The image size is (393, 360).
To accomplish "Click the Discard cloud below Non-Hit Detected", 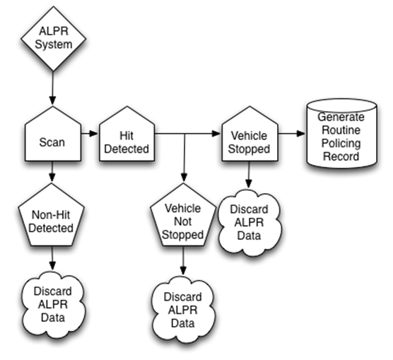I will click(52, 305).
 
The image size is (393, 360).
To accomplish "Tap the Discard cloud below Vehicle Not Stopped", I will click(182, 307).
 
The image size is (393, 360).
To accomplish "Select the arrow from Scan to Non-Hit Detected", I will click(52, 173).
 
